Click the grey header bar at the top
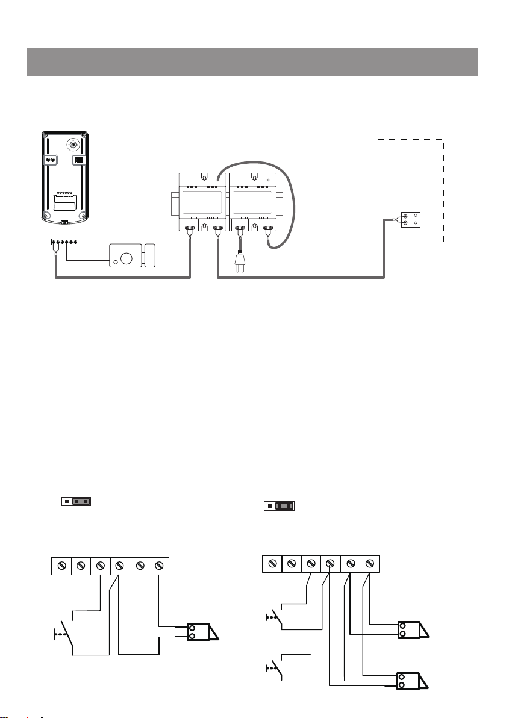coord(252,63)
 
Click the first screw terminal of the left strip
coord(61,566)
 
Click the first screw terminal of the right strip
coord(272,563)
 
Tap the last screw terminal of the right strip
coord(370,563)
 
